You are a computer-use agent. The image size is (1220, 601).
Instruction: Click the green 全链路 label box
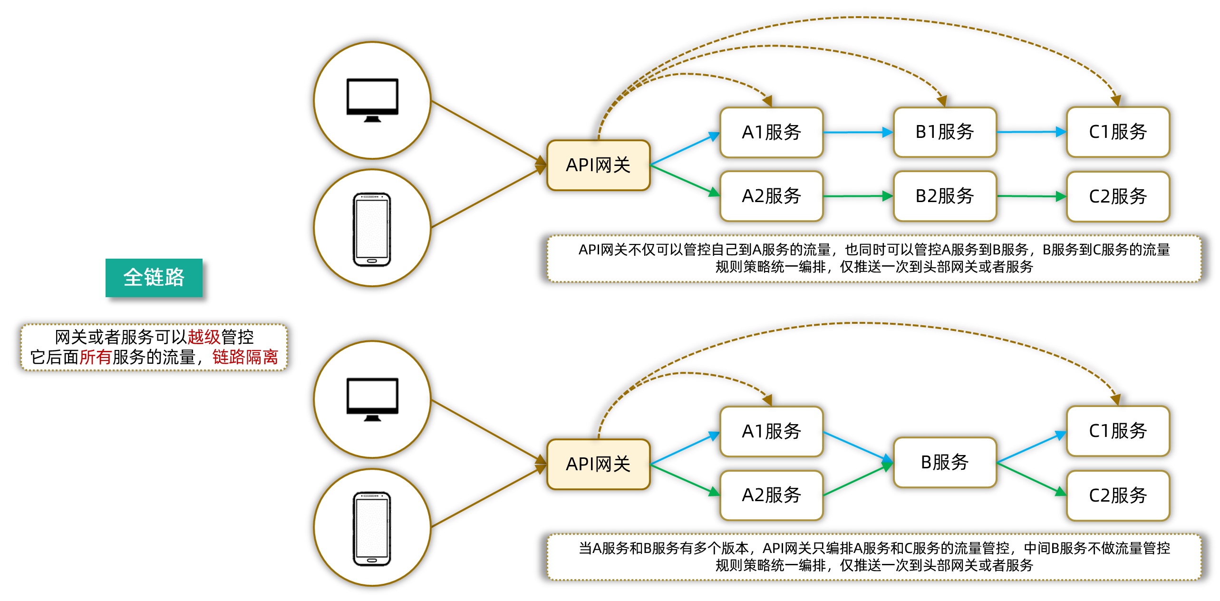(x=154, y=278)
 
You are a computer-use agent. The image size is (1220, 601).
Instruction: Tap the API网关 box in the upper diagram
(x=598, y=165)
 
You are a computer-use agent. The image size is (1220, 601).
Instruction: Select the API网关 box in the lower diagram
(x=598, y=464)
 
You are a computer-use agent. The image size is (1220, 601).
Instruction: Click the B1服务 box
(x=944, y=132)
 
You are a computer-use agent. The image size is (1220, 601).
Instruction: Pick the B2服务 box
(x=944, y=196)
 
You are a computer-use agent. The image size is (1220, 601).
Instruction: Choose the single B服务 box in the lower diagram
(x=944, y=462)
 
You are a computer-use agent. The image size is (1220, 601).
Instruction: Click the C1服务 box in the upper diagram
(x=1117, y=132)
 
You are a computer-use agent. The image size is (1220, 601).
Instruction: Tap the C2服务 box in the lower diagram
(x=1117, y=495)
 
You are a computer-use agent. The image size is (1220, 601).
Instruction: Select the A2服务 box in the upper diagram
(x=771, y=196)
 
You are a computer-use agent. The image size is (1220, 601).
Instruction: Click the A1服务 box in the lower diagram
(x=771, y=431)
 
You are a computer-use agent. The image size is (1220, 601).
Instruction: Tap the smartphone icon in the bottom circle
(x=372, y=529)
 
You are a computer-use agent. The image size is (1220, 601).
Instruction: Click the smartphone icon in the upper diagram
(x=372, y=229)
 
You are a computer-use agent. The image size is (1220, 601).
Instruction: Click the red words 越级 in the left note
(x=203, y=337)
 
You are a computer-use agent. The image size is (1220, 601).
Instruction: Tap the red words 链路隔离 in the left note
(x=245, y=357)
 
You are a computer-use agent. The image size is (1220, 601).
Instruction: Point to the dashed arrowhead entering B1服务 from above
(x=942, y=100)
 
